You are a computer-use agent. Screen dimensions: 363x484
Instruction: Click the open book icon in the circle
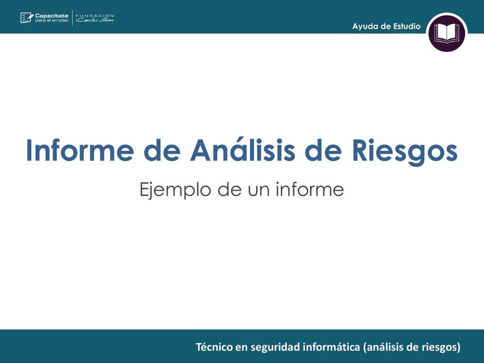coord(447,33)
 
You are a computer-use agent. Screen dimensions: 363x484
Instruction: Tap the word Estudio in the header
coord(405,26)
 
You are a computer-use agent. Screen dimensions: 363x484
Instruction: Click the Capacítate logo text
coord(52,15)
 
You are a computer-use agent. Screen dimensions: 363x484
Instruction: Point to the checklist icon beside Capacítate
coord(27,18)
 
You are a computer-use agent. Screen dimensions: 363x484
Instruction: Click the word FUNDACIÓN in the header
coord(95,15)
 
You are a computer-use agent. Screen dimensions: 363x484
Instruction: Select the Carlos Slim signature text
coord(95,21)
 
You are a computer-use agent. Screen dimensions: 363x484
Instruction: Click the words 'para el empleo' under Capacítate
coord(52,21)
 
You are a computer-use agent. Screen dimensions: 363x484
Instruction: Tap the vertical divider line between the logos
coord(73,18)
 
